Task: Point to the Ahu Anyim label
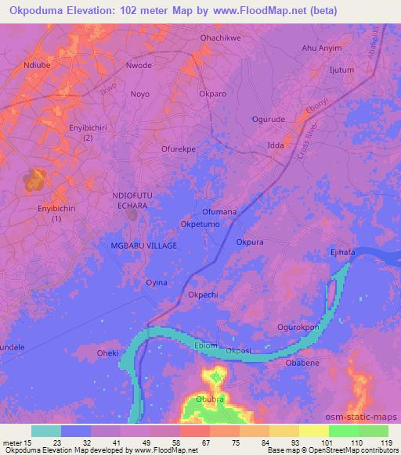tap(322, 48)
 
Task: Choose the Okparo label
tap(213, 94)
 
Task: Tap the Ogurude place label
tap(270, 119)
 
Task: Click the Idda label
tap(276, 145)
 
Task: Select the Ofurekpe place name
tap(179, 147)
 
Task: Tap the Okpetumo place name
tap(200, 224)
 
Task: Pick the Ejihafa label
tap(342, 252)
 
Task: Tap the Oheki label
tap(107, 353)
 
